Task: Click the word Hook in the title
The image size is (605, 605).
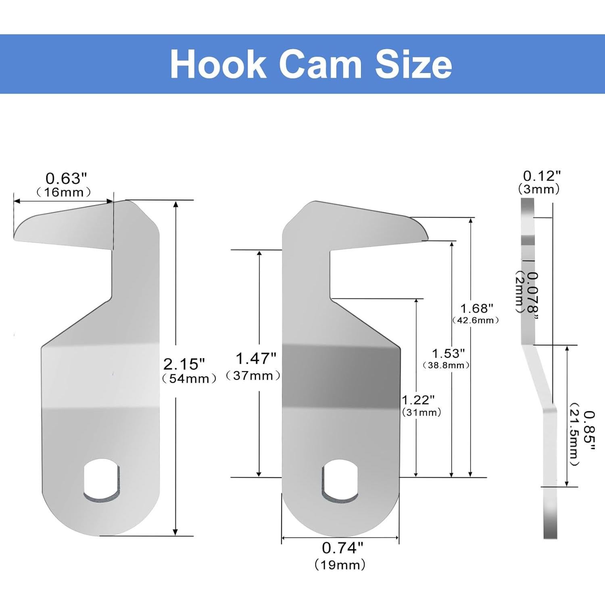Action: (x=218, y=65)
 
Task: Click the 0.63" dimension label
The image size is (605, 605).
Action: (x=66, y=178)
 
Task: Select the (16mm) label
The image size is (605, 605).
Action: (x=63, y=192)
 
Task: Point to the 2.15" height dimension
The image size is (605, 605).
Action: (x=184, y=364)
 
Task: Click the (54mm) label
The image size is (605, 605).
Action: (x=189, y=379)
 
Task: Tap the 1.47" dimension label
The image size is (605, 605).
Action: (x=256, y=358)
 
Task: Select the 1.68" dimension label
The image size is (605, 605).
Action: (x=477, y=309)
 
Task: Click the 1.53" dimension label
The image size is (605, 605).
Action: (x=448, y=354)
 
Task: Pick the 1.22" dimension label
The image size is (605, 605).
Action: (x=418, y=400)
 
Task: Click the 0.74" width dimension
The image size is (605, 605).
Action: (x=342, y=548)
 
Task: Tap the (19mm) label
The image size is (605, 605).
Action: (x=340, y=565)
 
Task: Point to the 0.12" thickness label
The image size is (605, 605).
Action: (x=542, y=176)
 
